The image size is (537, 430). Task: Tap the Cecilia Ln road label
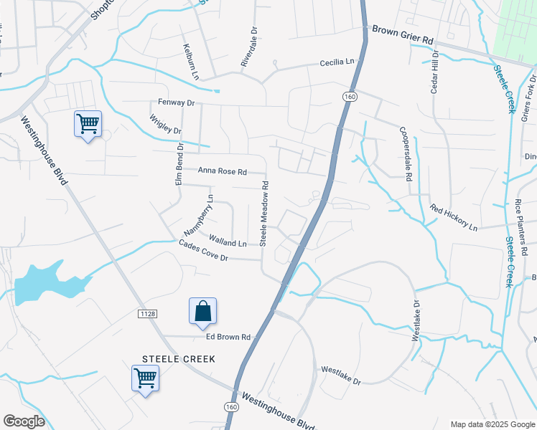coord(337,63)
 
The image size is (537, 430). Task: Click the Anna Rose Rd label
coord(222,172)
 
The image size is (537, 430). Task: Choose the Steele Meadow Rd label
coord(264,213)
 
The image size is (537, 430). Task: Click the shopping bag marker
coord(202,310)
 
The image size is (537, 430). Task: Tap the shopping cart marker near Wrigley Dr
coord(88,124)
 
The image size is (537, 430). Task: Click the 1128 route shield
coord(144,314)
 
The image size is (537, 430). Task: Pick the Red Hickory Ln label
coord(454,218)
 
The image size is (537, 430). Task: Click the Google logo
coord(24,421)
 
